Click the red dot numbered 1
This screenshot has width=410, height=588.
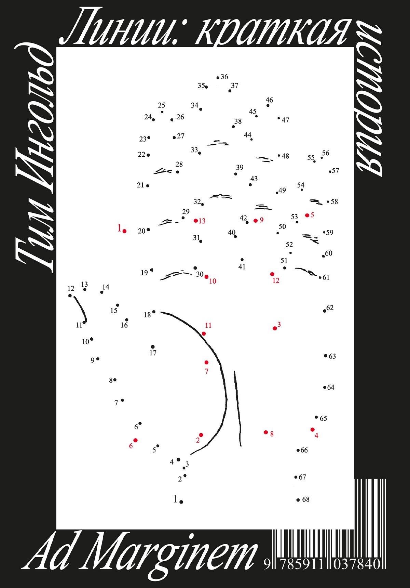[x=124, y=231]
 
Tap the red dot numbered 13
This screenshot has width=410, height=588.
[x=196, y=221]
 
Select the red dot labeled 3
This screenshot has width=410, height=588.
[x=275, y=328]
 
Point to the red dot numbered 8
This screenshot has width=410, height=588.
[x=266, y=432]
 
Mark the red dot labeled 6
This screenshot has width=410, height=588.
[x=136, y=440]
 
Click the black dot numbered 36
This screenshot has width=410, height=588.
[x=218, y=78]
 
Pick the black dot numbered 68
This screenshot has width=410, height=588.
[x=298, y=500]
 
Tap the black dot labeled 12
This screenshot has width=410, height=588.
[x=70, y=296]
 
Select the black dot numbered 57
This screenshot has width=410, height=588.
[x=330, y=172]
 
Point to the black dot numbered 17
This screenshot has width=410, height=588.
[x=153, y=347]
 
